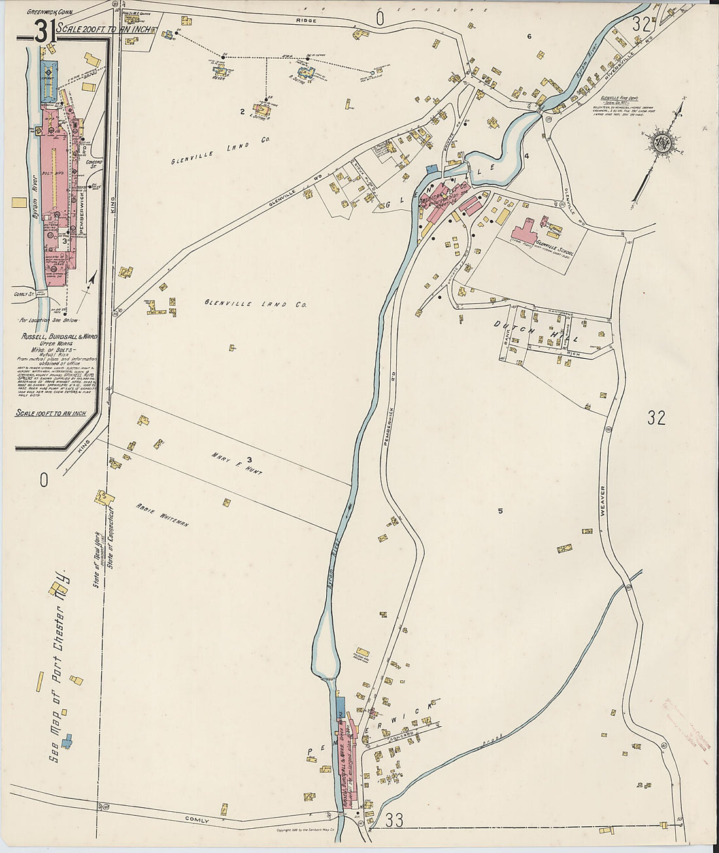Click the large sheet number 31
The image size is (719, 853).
[x=42, y=31]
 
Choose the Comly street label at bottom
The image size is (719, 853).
[x=195, y=819]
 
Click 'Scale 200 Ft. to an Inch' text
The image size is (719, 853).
[x=104, y=29]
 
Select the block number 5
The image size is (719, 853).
[x=500, y=511]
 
